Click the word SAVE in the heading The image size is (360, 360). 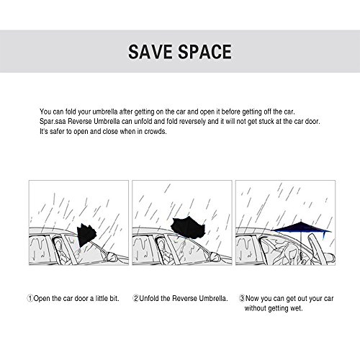pos(150,52)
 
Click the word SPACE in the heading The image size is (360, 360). pos(204,52)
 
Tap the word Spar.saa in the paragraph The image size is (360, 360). pos(53,122)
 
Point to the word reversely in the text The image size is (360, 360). pos(192,122)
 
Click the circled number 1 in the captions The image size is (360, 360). pos(30,299)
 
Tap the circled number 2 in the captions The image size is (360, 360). pos(136,299)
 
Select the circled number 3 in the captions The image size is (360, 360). pos(242,299)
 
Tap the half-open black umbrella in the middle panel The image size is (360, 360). pos(189,228)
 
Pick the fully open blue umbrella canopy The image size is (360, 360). pos(301,228)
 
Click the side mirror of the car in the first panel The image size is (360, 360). pos(112,256)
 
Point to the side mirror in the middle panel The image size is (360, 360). pos(215,256)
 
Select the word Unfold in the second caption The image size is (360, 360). pos(149,299)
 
